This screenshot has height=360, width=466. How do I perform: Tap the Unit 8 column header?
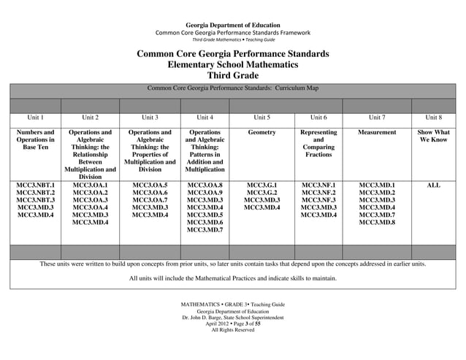tap(433, 117)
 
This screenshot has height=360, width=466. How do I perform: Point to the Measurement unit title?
tap(377, 133)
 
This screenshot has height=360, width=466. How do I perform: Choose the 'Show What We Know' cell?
tap(433, 137)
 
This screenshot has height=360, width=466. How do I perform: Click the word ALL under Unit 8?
tap(433, 185)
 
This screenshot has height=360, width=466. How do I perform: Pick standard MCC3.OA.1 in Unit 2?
tap(90, 185)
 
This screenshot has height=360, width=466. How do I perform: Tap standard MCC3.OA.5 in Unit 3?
tap(150, 185)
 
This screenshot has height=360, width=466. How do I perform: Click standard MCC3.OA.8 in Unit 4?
tap(205, 185)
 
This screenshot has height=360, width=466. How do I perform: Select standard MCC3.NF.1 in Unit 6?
tap(318, 185)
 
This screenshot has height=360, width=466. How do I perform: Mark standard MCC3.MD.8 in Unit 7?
tap(377, 222)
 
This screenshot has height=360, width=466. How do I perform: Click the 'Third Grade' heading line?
tap(232, 75)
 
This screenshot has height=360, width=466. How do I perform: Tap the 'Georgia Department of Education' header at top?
tap(232, 26)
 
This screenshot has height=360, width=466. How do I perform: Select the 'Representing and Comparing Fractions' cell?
tap(318, 144)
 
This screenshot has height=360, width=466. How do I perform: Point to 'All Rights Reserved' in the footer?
tap(232, 330)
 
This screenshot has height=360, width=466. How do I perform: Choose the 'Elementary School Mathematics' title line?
tap(232, 65)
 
